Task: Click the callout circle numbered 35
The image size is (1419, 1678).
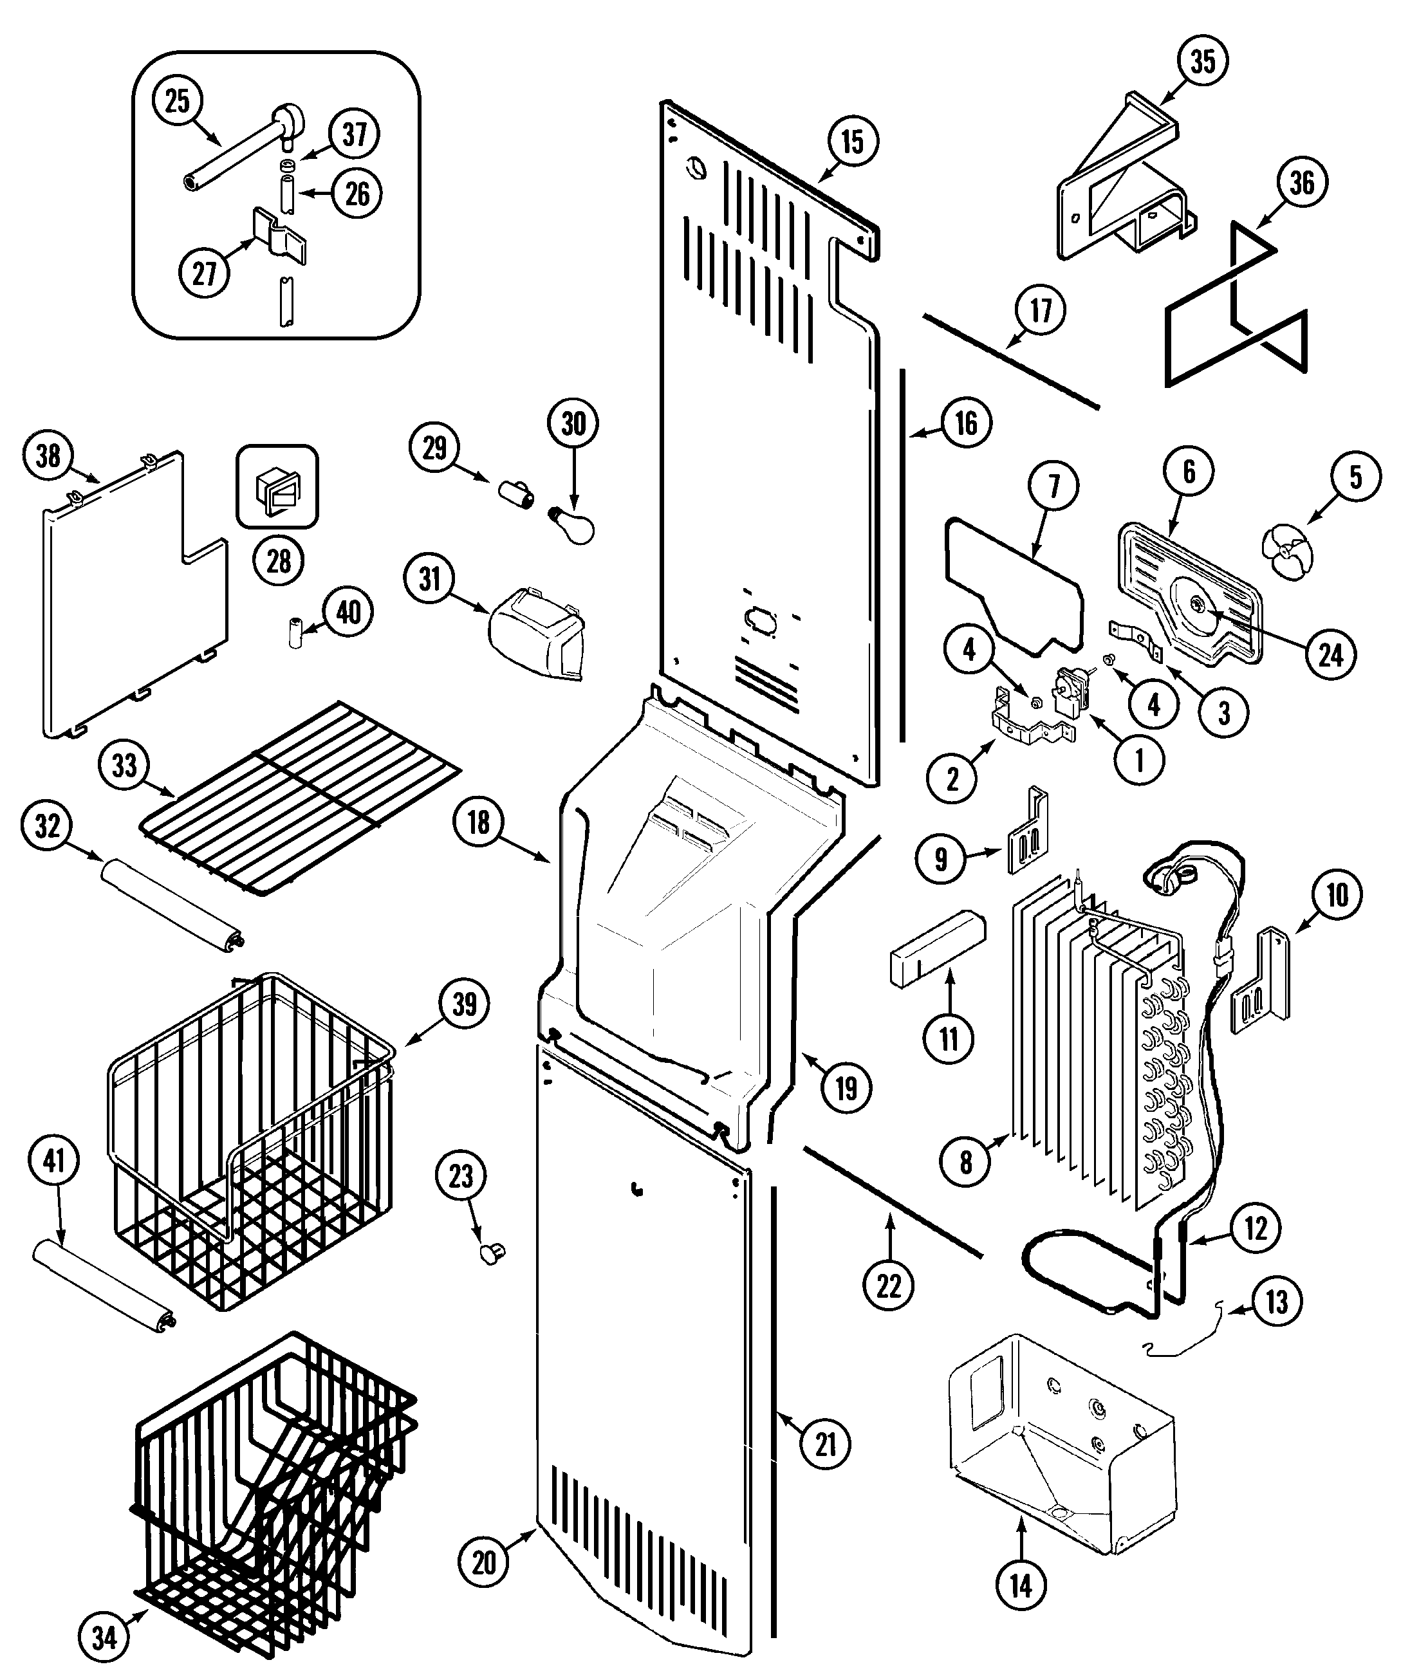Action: click(1203, 62)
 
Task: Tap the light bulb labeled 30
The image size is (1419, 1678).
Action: click(573, 524)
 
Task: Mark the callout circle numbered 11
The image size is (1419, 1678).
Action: click(949, 1038)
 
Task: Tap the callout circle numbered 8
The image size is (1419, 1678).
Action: click(966, 1161)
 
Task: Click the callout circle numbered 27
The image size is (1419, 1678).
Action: click(205, 272)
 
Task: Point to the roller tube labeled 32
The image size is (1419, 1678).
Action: click(171, 903)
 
